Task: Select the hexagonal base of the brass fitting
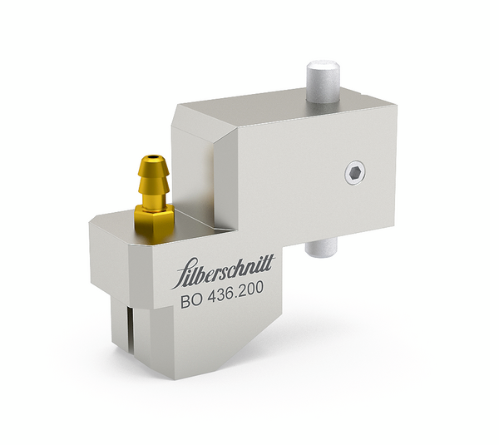pyautogui.click(x=154, y=218)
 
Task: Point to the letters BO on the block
pyautogui.click(x=193, y=304)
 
